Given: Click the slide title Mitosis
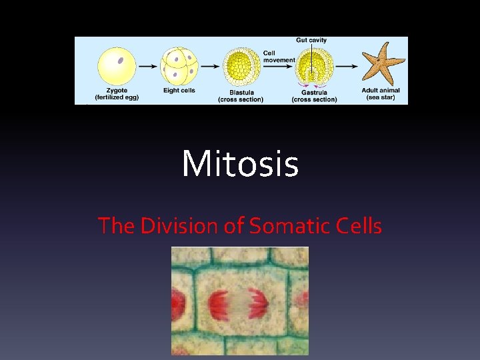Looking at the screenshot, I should pos(240,164).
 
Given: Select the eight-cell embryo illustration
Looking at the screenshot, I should pos(179,65).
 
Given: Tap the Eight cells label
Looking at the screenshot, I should pos(179,91).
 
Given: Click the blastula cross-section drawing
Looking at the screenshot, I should pos(241,67).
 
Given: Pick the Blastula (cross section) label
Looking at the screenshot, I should pos(241,97).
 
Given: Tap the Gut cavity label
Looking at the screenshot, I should pos(311,41).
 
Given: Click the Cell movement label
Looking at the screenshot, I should pos(279,57).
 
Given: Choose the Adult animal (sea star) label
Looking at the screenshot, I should pos(383,94).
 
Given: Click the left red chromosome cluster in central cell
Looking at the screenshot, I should pos(219,304).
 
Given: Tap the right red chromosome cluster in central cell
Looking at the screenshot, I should pos(258,304).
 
